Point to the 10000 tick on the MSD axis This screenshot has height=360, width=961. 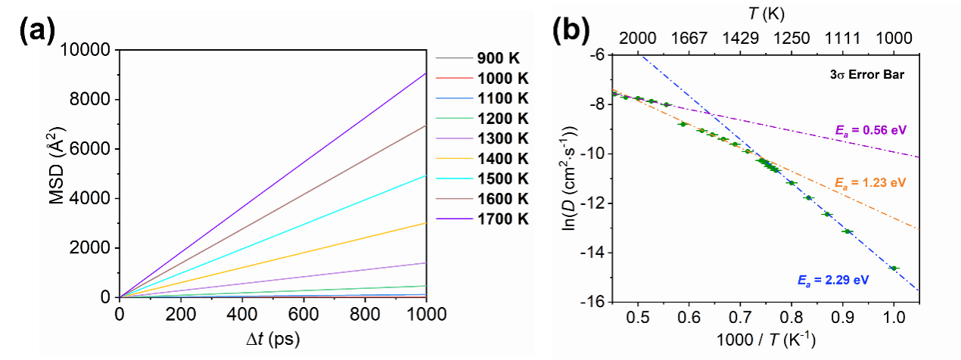pyautogui.click(x=91, y=51)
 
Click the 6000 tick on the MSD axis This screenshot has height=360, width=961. pyautogui.click(x=94, y=150)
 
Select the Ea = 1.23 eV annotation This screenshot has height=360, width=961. pyautogui.click(x=870, y=182)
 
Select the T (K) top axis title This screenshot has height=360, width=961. pyautogui.click(x=764, y=13)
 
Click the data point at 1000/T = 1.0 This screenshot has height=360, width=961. pyautogui.click(x=894, y=268)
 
